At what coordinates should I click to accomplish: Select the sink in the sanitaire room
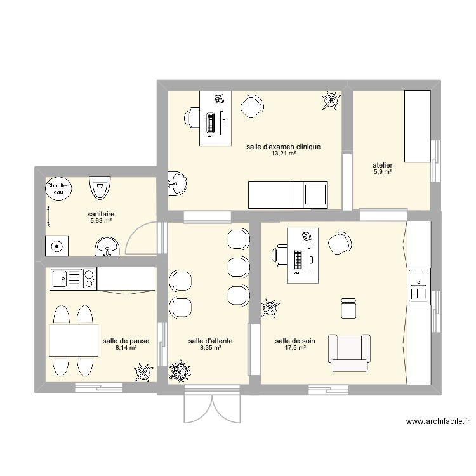tap(107, 246)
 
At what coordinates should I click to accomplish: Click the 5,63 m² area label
tap(100, 221)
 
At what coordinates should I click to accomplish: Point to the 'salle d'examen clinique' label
tap(284, 147)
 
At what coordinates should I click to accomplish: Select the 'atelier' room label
tap(383, 165)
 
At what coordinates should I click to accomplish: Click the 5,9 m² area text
tap(383, 172)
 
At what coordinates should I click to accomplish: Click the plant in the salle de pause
tap(143, 372)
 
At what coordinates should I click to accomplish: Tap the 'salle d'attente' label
tap(210, 341)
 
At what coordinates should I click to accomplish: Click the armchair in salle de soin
tap(348, 353)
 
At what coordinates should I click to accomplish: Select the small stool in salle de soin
tap(348, 308)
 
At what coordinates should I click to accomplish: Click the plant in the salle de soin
tap(270, 308)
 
